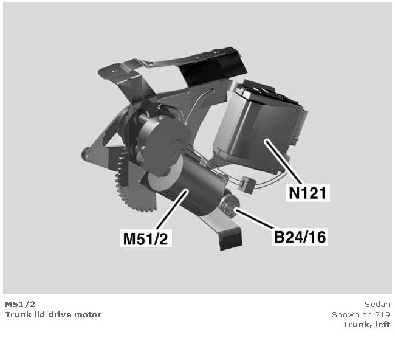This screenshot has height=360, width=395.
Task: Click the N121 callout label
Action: coord(308,193)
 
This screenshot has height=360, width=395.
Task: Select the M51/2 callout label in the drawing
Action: coord(146,238)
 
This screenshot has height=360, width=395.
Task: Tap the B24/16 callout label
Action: coord(300,237)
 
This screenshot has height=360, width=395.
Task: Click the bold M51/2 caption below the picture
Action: coord(21,304)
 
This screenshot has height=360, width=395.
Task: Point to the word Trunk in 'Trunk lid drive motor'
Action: coord(15,314)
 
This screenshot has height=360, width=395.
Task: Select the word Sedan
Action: coord(377,304)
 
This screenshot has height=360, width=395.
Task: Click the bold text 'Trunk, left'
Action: coord(366,324)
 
